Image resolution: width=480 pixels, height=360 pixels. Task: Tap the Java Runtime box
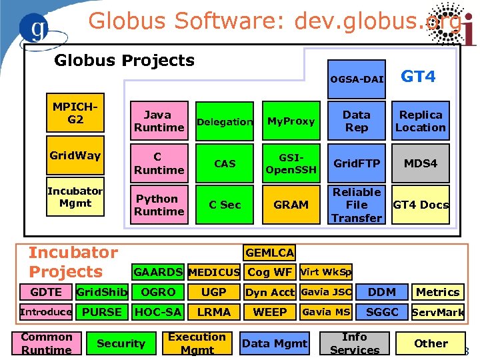159,121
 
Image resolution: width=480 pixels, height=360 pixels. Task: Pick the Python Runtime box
159,205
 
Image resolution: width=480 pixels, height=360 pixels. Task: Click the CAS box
225,163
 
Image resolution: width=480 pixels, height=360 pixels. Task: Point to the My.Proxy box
291,121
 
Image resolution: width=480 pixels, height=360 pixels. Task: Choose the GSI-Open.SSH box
291,163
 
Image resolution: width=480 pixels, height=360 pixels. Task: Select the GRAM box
291,205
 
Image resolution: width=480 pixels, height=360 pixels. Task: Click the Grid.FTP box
357,163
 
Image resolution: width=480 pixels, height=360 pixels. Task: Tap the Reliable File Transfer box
357,205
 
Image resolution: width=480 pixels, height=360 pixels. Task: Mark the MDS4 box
421,163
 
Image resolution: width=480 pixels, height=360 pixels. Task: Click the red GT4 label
418,77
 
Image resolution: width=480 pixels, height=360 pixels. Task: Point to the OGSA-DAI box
357,79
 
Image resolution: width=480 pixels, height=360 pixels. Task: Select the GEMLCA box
269,253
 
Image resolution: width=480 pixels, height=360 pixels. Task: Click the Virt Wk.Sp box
327,272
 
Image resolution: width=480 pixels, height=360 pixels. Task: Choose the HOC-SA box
158,312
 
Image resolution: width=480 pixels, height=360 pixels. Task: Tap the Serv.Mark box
438,312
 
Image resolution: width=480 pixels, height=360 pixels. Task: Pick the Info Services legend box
355,343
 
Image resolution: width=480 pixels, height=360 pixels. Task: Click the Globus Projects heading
124,61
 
